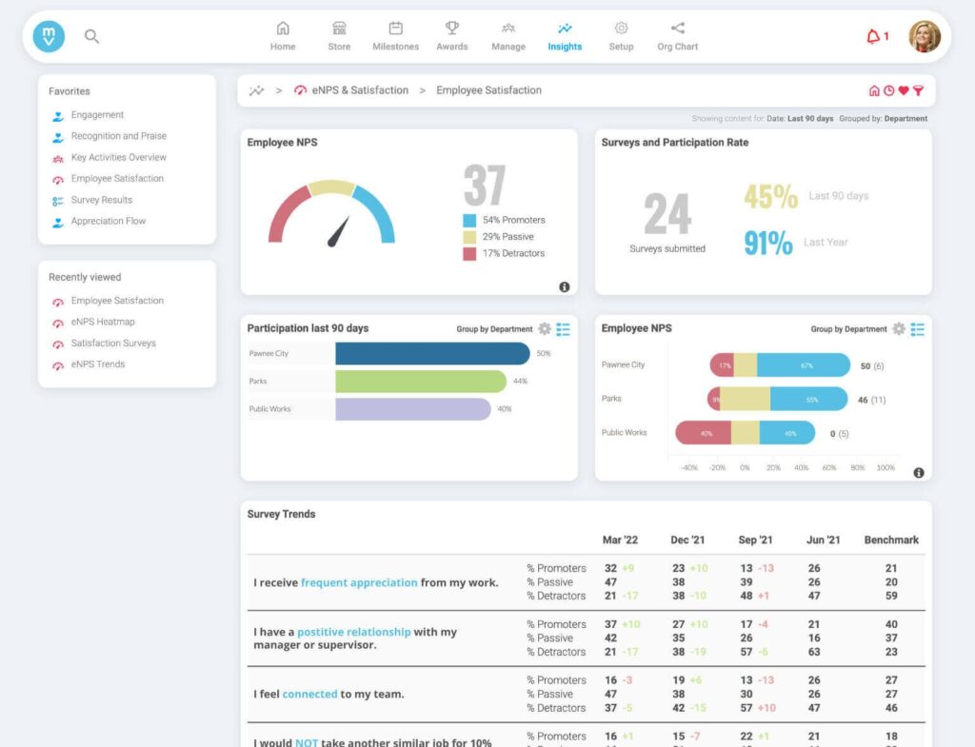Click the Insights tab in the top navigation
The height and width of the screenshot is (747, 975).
click(x=565, y=36)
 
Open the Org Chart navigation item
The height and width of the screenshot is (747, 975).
click(x=677, y=36)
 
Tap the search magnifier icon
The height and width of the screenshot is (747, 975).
click(x=91, y=37)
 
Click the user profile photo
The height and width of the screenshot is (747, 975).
click(x=924, y=37)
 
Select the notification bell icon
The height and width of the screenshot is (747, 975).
click(x=873, y=37)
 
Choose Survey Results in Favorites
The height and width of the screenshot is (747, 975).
click(x=101, y=200)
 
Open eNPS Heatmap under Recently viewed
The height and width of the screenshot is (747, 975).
click(x=102, y=322)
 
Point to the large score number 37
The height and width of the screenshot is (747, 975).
click(x=484, y=186)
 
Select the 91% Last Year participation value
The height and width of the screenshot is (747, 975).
click(x=767, y=243)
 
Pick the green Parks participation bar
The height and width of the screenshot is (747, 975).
click(x=420, y=382)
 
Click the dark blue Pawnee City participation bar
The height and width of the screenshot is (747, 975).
click(x=432, y=354)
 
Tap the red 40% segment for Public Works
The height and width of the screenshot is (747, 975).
click(x=703, y=433)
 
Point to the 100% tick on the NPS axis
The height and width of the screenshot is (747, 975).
click(x=885, y=468)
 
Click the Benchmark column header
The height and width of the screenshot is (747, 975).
click(x=890, y=540)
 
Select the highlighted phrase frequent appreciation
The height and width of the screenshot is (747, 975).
click(x=359, y=582)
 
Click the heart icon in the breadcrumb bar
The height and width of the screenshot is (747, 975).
click(x=903, y=91)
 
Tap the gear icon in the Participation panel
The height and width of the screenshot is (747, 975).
click(x=545, y=329)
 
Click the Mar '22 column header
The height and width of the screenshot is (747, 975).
click(x=620, y=540)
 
